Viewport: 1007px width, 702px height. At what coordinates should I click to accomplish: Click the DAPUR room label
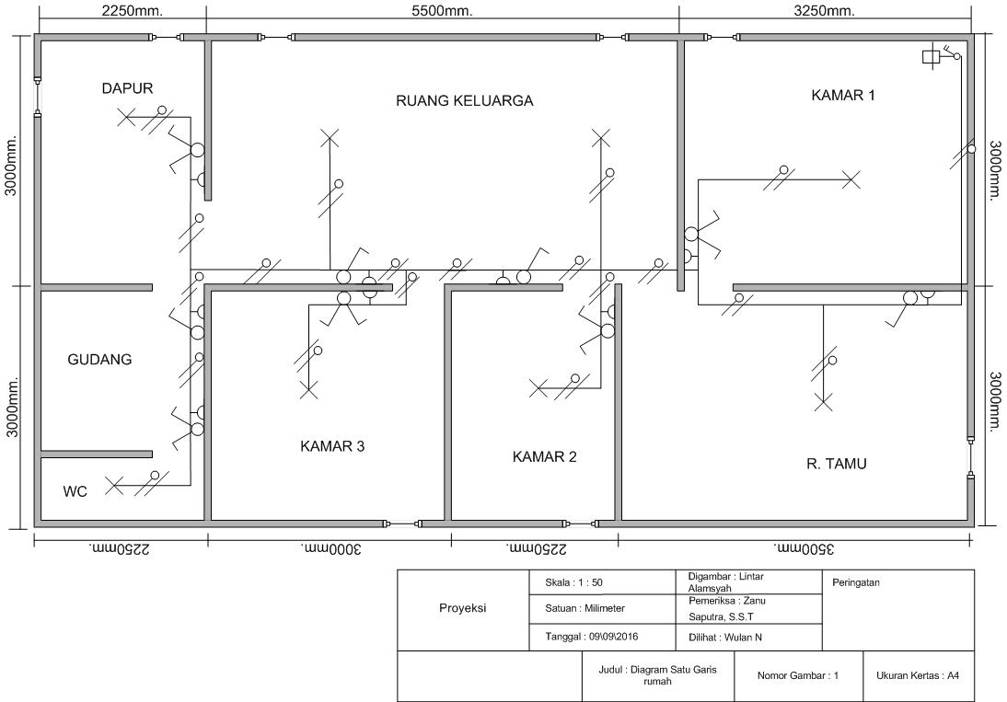127,88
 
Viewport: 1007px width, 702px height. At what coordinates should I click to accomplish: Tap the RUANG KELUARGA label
464,100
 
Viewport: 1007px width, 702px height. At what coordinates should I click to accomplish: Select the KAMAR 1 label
842,96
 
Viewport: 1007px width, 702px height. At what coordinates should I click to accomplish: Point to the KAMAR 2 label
545,457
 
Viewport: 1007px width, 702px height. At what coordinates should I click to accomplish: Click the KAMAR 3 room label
332,446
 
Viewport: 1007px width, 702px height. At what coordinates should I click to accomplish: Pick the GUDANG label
99,360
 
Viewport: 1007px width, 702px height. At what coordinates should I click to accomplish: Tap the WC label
75,491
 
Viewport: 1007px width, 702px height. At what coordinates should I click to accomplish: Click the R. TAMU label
836,464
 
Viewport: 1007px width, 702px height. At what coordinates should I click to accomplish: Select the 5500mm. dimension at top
442,11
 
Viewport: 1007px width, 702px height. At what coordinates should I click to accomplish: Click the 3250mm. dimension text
824,11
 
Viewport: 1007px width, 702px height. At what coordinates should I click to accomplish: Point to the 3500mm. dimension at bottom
804,549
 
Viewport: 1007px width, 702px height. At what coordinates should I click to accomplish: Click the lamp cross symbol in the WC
114,486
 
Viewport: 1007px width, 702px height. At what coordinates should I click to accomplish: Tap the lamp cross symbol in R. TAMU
823,403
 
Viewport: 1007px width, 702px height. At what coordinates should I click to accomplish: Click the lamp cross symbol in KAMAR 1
851,180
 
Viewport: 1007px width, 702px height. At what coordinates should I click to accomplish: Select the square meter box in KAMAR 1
930,57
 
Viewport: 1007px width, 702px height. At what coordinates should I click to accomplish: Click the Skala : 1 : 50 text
573,582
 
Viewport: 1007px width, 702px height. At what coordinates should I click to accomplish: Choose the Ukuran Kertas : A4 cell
918,675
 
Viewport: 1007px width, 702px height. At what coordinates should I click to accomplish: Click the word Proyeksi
462,608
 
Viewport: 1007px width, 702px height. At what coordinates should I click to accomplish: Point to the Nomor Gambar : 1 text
798,675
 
